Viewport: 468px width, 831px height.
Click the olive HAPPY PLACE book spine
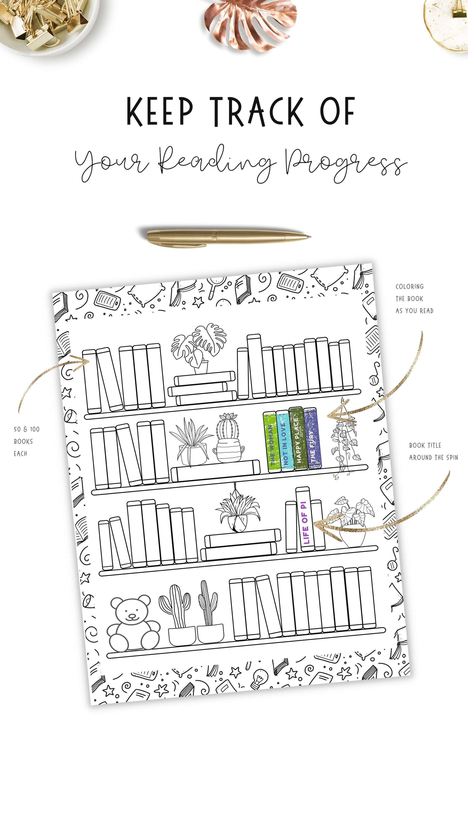(297, 439)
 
